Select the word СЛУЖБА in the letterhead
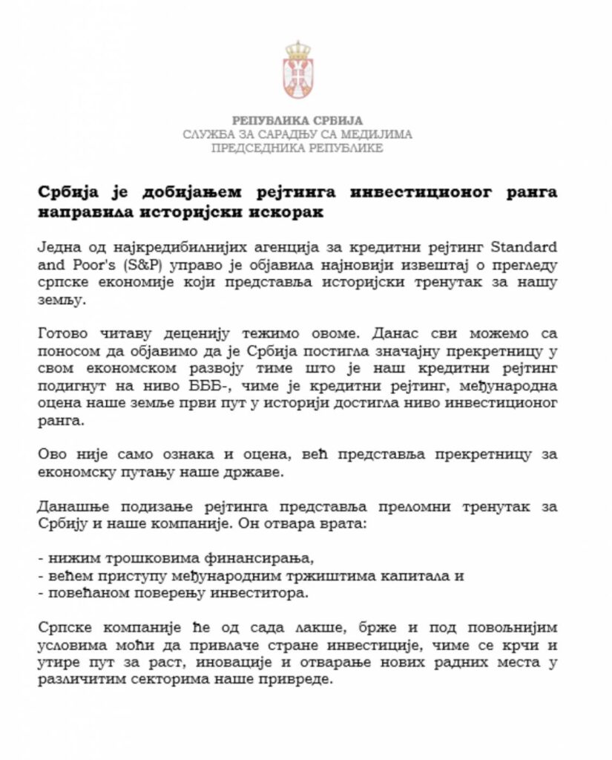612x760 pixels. coord(209,134)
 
